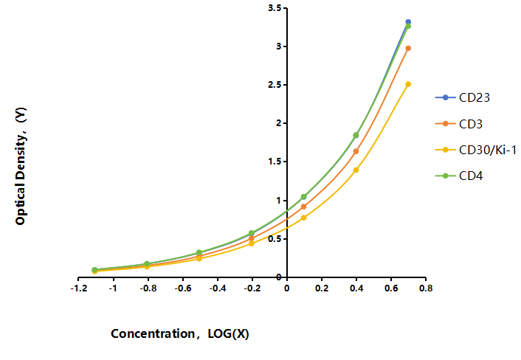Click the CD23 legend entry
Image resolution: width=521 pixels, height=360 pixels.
(x=463, y=97)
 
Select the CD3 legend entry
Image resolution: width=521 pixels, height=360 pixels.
(x=459, y=124)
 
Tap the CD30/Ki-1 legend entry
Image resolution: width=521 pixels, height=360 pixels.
(x=476, y=150)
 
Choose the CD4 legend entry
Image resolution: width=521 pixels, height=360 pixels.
(x=459, y=176)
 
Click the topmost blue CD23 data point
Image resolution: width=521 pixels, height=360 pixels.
(x=408, y=22)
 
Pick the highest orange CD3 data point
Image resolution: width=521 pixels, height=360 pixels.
(x=408, y=48)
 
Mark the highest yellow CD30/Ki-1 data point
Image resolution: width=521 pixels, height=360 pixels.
(x=408, y=84)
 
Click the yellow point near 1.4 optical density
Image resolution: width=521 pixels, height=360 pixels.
(x=356, y=170)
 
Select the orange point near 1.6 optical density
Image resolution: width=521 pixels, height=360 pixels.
(x=356, y=151)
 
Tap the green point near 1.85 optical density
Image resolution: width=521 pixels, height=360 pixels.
(x=356, y=135)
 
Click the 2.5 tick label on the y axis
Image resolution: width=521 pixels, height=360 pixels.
(x=275, y=85)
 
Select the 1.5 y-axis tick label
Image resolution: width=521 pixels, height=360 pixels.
(x=275, y=162)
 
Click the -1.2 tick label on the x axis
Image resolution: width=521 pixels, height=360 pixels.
(x=79, y=288)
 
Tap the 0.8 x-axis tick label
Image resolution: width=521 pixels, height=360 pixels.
(x=426, y=288)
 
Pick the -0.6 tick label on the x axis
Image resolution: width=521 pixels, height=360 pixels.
(x=183, y=288)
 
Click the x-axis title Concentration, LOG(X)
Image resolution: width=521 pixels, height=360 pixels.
(x=180, y=333)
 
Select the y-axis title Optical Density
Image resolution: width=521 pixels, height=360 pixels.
(x=20, y=166)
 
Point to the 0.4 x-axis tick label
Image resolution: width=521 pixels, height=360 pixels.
(x=356, y=288)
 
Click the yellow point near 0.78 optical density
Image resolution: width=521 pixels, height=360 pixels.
(x=303, y=218)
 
